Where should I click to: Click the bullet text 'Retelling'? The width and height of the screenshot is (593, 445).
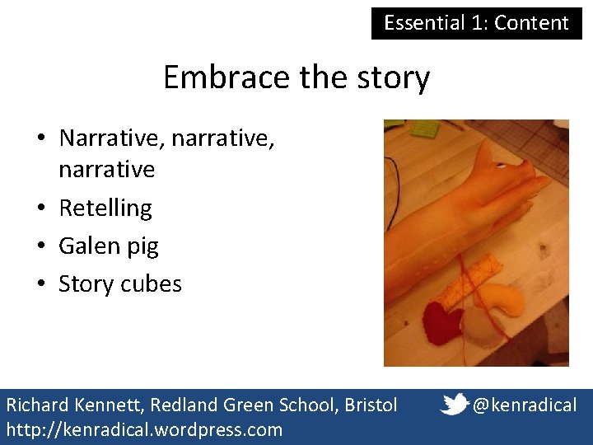[105, 208]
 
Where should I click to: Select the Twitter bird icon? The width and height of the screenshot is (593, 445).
[455, 404]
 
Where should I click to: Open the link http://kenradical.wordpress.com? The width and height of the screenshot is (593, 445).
[144, 429]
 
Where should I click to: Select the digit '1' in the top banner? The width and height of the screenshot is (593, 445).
[480, 23]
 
